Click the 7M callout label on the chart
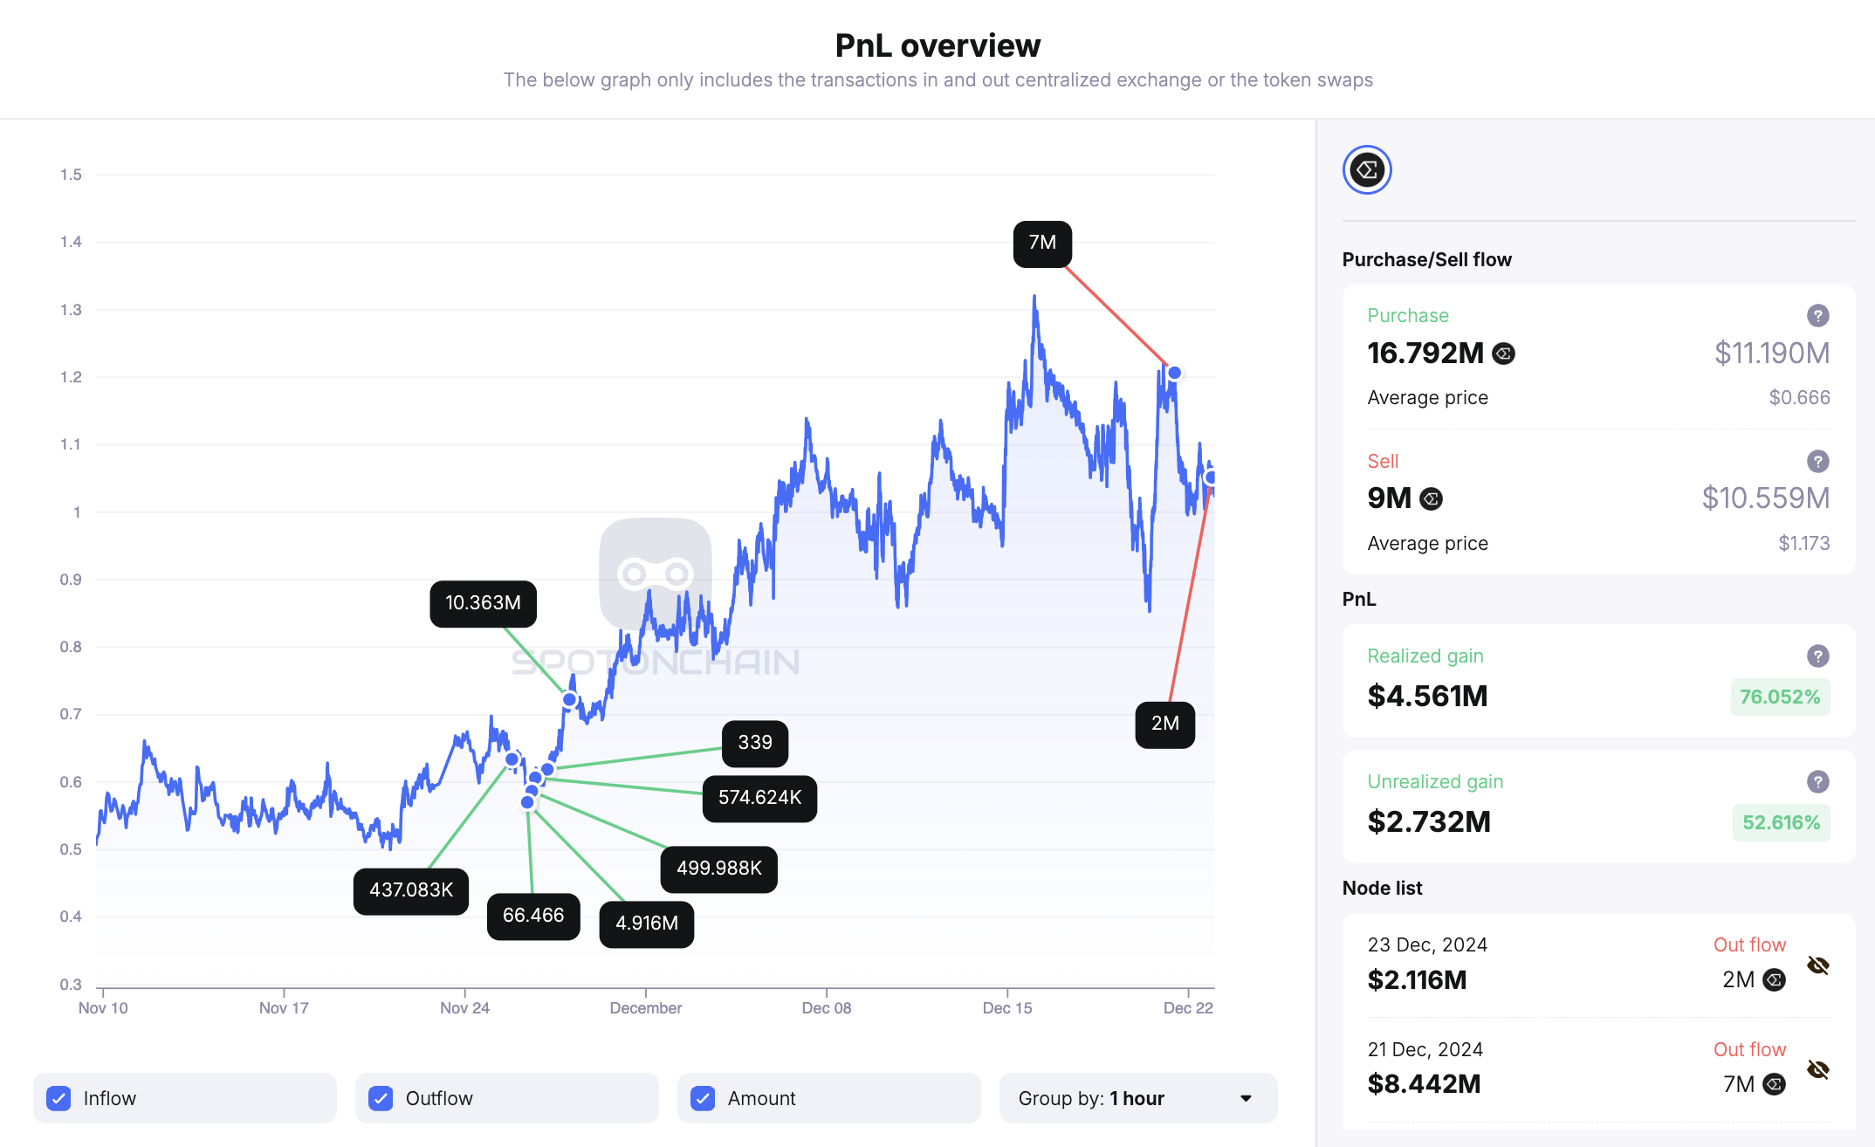click(x=1042, y=244)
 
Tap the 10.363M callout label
click(x=483, y=603)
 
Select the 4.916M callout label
click(x=646, y=924)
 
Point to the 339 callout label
click(x=755, y=743)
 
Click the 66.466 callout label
click(x=533, y=916)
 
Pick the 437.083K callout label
click(x=411, y=890)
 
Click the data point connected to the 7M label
click(x=1175, y=373)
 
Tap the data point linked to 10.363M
click(x=569, y=699)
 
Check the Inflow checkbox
click(x=58, y=1098)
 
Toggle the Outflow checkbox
click(x=381, y=1098)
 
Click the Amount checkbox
click(x=703, y=1098)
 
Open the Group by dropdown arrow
click(x=1246, y=1098)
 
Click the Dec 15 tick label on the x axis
click(x=1007, y=1008)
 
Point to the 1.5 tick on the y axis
click(x=71, y=175)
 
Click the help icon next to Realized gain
click(x=1817, y=656)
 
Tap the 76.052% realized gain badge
click(x=1780, y=697)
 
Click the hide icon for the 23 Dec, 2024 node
click(x=1818, y=965)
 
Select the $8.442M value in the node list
click(x=1424, y=1084)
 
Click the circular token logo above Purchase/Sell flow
click(x=1367, y=170)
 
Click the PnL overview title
click(x=937, y=45)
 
